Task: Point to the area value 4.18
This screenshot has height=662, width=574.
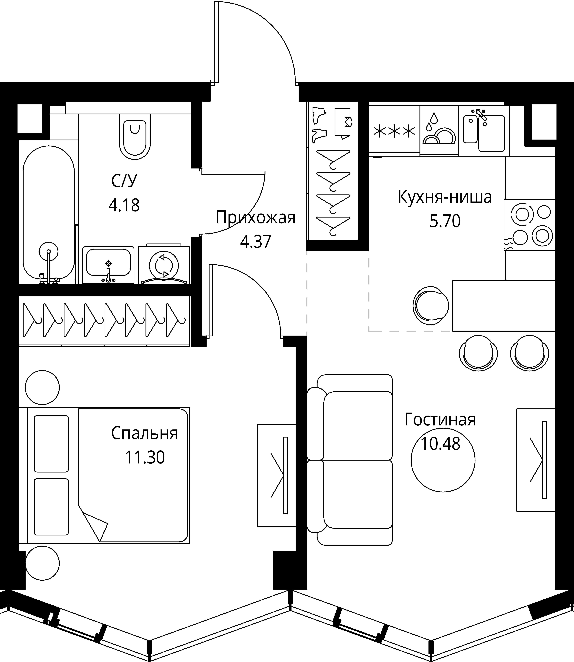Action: point(124,205)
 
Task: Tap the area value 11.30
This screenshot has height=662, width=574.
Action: point(144,457)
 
